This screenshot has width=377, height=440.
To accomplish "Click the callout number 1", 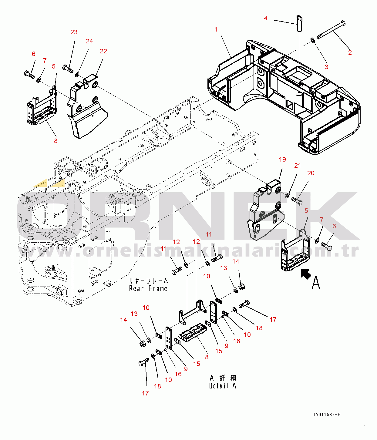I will point(216,29).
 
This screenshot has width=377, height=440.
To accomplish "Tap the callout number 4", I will point(266,18).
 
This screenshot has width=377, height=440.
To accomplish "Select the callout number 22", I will point(103,51).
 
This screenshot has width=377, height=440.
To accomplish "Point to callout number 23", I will point(74,32).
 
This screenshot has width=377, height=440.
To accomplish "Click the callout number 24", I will point(89,41).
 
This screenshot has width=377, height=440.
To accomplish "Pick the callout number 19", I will point(282,160).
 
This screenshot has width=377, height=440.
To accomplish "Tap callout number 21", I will point(298,166).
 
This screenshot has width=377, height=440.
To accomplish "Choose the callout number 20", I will point(311,173).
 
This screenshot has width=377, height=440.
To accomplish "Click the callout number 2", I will point(350,53).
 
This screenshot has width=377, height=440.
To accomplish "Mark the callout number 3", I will point(327,67).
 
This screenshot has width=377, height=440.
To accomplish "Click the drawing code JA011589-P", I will point(326,415).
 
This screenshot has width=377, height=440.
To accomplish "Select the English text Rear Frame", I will point(148,289).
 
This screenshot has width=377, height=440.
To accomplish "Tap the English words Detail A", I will point(222,386).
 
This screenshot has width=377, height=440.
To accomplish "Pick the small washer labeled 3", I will point(312,40).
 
